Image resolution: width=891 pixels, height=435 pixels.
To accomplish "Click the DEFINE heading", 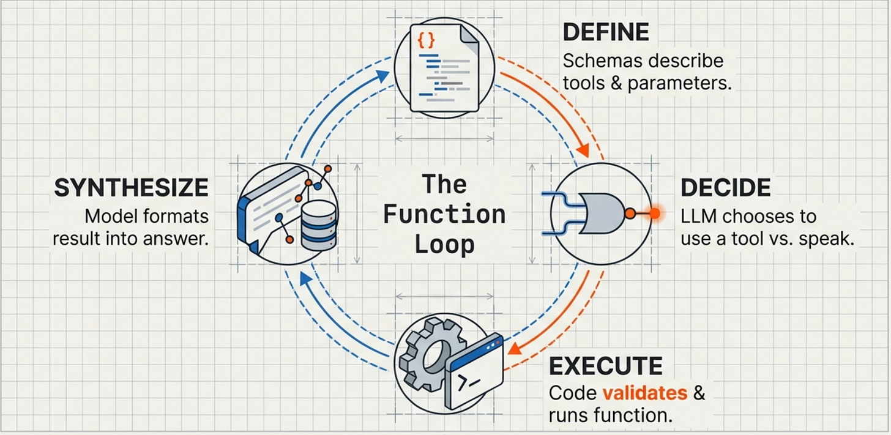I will [605, 32].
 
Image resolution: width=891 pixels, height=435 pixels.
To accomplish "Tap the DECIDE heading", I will [725, 188].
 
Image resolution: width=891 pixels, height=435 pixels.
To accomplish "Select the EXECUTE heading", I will [605, 366].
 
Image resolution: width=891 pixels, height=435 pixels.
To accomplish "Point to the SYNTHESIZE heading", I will [131, 188].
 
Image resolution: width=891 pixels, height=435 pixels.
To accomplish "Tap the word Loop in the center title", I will [444, 244].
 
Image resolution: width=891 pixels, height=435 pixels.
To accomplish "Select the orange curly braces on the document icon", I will [426, 41].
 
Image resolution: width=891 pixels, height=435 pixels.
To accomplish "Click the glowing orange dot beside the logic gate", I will [655, 214].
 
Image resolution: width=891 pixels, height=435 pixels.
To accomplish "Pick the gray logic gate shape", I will [602, 213].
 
